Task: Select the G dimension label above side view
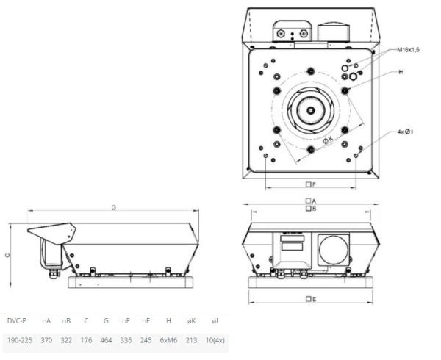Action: (114, 208)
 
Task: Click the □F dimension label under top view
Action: (311, 184)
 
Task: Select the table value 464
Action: (107, 342)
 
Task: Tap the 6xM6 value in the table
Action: (168, 342)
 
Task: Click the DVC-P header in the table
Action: (17, 321)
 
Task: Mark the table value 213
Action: (192, 342)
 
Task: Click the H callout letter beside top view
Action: (401, 73)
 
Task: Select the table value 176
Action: (87, 342)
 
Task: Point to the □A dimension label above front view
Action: (311, 201)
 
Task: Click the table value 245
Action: (146, 342)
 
